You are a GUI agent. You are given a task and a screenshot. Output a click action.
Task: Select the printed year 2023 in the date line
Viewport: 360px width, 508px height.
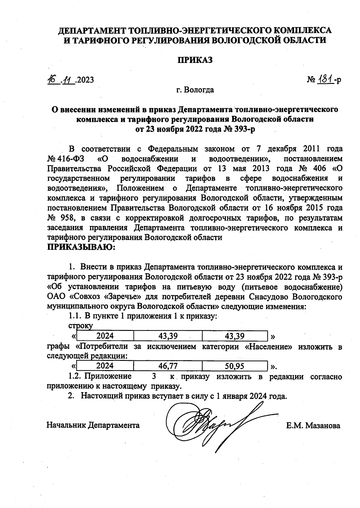85,80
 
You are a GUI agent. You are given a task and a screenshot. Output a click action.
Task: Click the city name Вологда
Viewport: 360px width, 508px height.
199,90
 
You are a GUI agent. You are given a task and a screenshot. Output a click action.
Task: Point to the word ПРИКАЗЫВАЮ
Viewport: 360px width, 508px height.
81,247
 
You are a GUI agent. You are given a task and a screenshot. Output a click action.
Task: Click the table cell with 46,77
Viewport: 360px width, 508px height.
168,366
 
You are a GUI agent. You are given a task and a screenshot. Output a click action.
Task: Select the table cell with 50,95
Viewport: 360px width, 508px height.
234,366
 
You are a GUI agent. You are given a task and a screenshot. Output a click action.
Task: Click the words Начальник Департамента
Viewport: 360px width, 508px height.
93,425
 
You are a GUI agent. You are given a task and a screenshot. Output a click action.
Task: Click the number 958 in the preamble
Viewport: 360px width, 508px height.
70,218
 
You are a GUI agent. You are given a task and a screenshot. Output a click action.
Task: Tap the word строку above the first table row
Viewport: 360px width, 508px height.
80,326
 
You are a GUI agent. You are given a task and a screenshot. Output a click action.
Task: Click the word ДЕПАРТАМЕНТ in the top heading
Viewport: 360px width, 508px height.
92,31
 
